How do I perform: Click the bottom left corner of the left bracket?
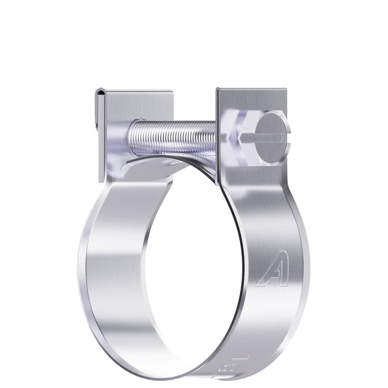(x=100, y=180)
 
